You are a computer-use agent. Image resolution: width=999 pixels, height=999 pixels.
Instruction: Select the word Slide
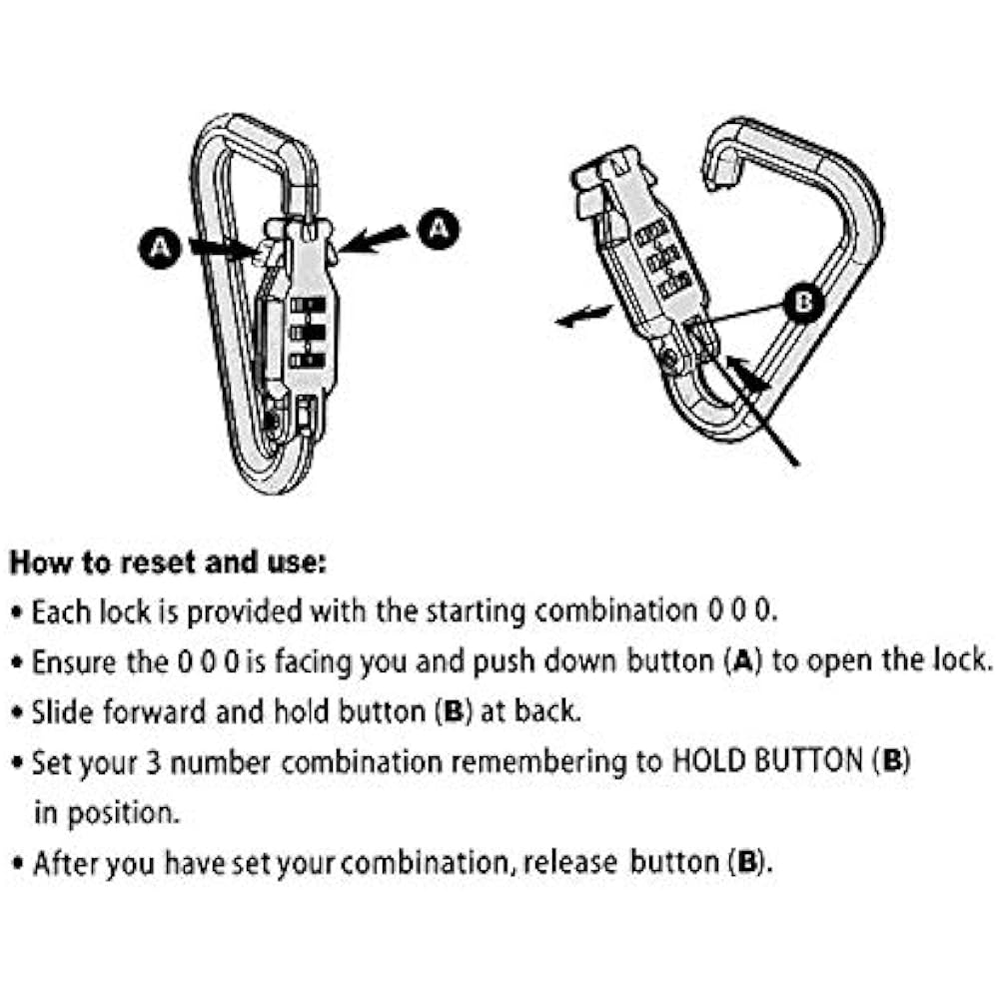coord(57,712)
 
